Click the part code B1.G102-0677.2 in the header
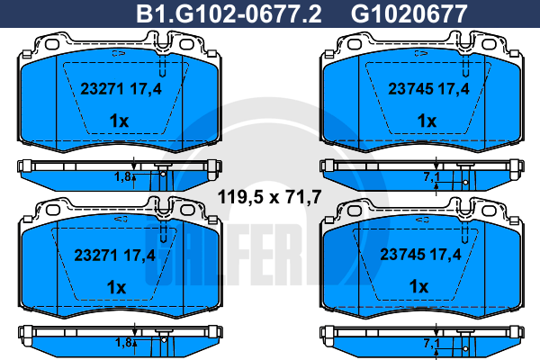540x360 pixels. point(229,14)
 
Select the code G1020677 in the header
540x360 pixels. point(409,14)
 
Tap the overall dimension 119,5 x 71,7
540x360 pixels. point(270,197)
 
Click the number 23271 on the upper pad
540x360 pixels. point(102,89)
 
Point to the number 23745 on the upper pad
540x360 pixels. point(410,89)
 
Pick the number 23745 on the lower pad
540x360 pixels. point(402,255)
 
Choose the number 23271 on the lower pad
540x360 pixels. point(95,256)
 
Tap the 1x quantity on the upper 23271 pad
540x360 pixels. point(119,121)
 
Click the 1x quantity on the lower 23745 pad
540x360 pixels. point(418,286)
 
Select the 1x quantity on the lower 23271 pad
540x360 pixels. point(116,287)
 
